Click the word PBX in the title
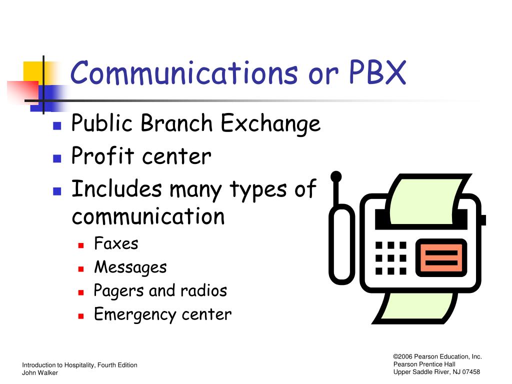[378, 72]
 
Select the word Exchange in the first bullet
[270, 124]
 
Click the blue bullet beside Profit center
[57, 158]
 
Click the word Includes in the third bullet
[116, 188]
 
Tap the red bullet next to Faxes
[81, 245]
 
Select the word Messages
[130, 267]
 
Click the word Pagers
[118, 291]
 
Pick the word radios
[204, 290]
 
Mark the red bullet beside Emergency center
[81, 316]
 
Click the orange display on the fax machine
[441, 258]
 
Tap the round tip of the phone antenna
[336, 176]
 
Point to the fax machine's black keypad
[391, 258]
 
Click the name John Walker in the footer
[40, 372]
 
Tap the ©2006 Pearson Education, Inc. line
[437, 356]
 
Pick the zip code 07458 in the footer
[471, 372]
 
